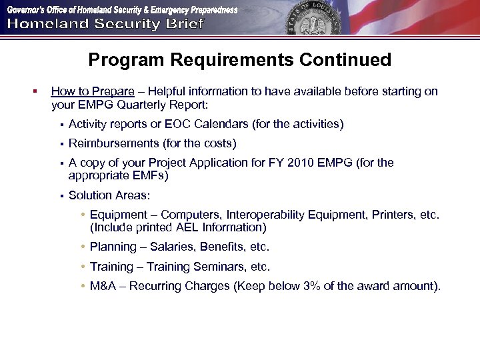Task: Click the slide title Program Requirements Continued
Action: click(x=239, y=60)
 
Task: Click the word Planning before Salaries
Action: click(x=113, y=247)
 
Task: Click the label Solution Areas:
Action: click(x=109, y=195)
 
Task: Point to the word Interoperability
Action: click(x=264, y=215)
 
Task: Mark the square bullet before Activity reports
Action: click(x=60, y=125)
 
